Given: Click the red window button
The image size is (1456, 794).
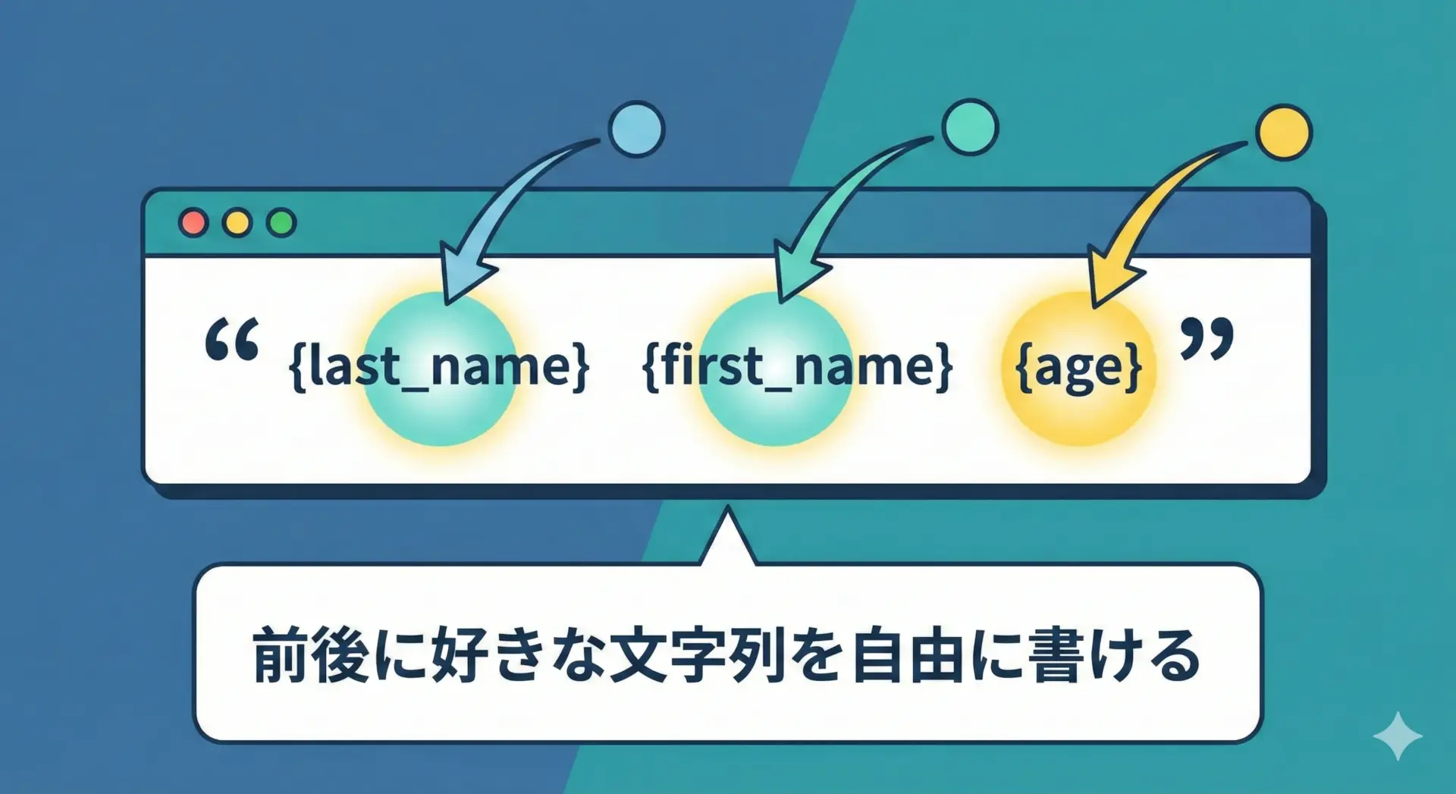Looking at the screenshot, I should point(193,222).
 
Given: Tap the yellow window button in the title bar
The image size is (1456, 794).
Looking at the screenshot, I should point(237,222).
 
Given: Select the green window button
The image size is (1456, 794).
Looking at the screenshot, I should point(281,222).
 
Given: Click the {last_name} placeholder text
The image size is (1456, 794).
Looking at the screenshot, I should point(439,367).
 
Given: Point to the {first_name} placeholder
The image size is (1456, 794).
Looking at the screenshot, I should point(797,367).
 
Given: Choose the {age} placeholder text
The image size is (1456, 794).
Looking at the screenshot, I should point(1078,369).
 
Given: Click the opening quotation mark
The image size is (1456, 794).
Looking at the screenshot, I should point(232,340).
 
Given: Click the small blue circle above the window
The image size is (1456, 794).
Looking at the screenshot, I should point(637,129).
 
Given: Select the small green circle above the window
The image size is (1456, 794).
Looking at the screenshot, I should point(970,127).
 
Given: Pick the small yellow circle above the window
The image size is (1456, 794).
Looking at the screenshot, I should point(1284,133).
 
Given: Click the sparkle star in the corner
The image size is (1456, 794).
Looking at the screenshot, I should point(1398,736).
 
